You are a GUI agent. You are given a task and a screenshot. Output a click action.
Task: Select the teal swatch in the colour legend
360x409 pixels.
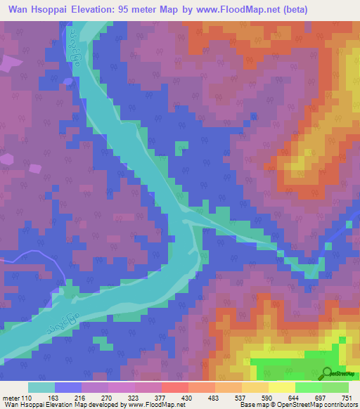pyautogui.click(x=41, y=387)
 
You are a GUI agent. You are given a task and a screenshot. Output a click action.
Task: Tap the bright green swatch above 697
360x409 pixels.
pyautogui.click(x=308, y=387)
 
